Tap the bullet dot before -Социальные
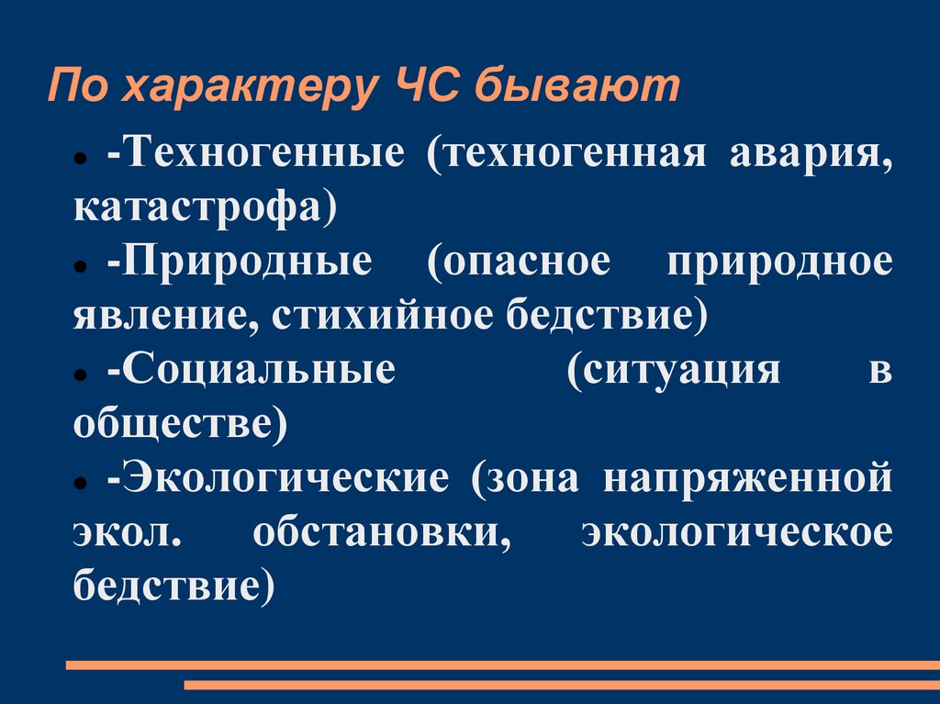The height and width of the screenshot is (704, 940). pyautogui.click(x=82, y=375)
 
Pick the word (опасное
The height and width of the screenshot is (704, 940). pyautogui.click(x=520, y=262)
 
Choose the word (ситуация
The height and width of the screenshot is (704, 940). pyautogui.click(x=674, y=371)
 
